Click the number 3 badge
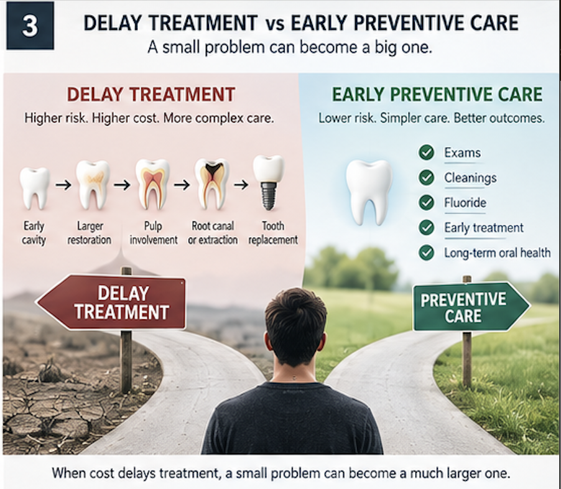pos(30,26)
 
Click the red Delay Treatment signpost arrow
pos(111,302)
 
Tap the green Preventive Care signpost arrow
pos(471,307)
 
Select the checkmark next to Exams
pos(426,152)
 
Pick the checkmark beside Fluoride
pos(426,203)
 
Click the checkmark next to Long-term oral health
pos(426,253)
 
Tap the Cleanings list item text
pos(470,177)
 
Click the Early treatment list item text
pos(484,228)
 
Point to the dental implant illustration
pos(268,182)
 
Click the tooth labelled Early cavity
pos(34,188)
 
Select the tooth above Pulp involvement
pos(152,184)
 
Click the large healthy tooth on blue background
pos(369,192)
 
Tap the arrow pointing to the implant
pos(241,185)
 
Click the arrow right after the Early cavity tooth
pos(63,185)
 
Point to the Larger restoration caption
pos(90,233)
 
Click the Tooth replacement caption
pos(273,233)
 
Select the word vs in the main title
pos(275,24)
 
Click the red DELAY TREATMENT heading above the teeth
pos(151,95)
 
